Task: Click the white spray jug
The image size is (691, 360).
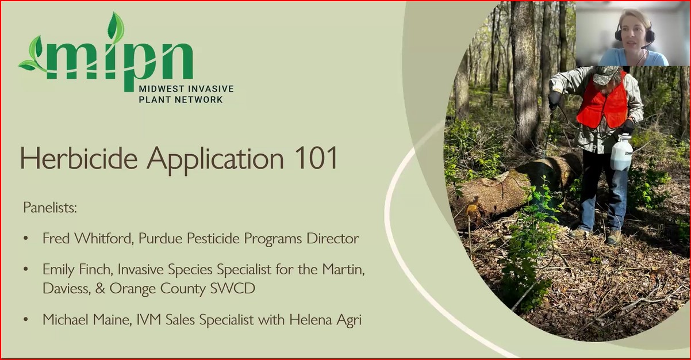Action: [621, 152]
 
